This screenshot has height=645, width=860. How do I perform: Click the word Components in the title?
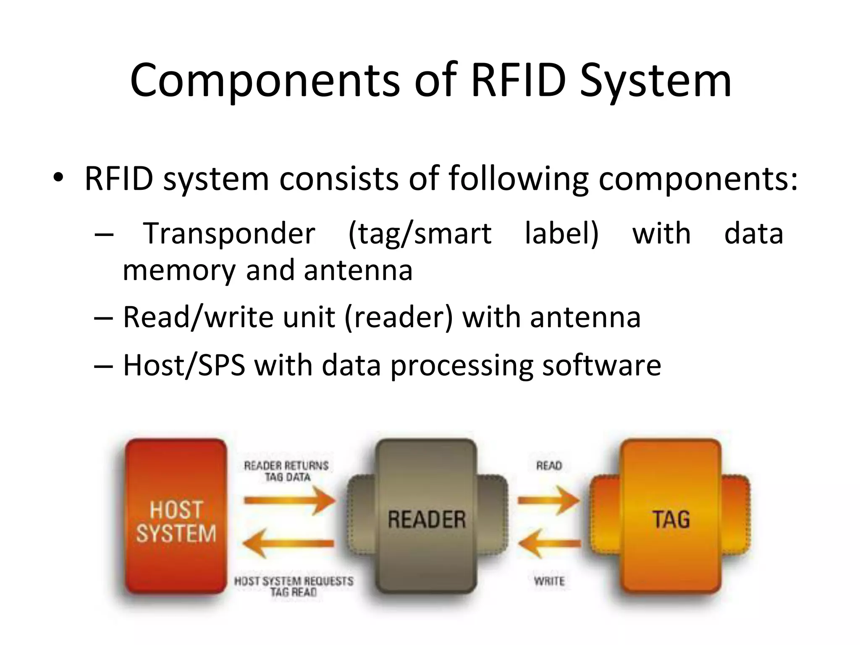click(265, 81)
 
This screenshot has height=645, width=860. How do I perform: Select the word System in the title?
click(655, 81)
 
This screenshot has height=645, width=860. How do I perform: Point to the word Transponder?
click(229, 233)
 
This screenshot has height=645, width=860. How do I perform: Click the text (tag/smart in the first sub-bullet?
click(420, 233)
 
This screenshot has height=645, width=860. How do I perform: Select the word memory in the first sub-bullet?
click(179, 270)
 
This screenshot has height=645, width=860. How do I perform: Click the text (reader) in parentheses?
click(399, 317)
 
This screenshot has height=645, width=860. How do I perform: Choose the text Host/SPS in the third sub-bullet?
click(184, 365)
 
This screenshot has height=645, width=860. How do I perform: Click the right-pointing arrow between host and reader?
click(290, 500)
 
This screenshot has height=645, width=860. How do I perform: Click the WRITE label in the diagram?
click(549, 581)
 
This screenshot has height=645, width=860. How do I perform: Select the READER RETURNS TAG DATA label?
click(287, 471)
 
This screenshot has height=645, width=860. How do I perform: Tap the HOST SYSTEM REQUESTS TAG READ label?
click(294, 587)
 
